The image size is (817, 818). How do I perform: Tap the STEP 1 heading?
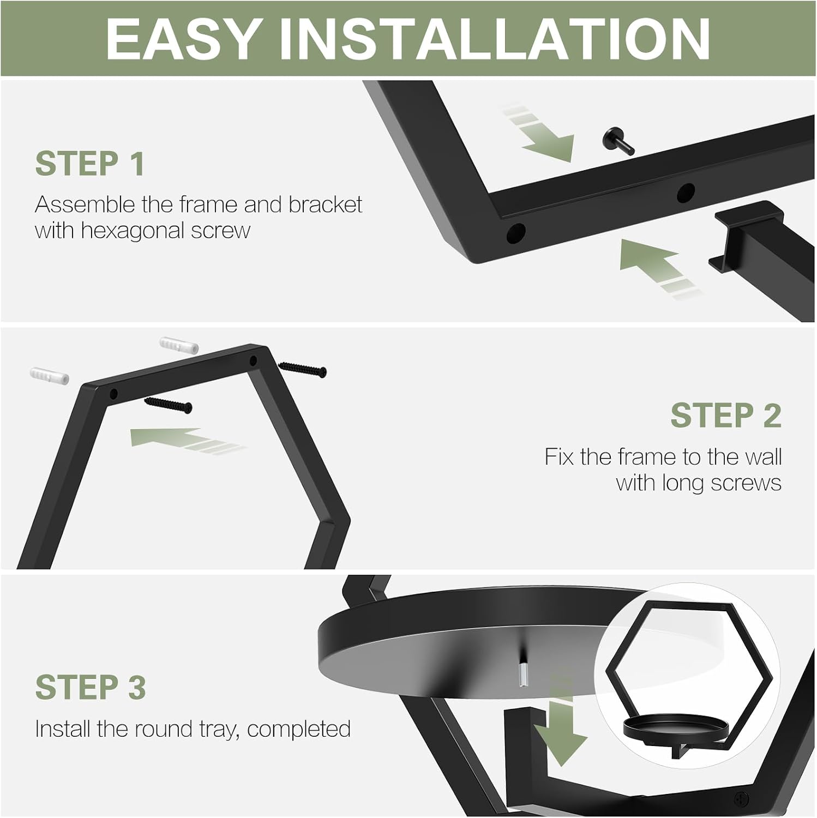pos(90,164)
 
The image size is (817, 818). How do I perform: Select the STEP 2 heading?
pos(726,416)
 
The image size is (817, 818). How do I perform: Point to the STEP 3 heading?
pos(91,687)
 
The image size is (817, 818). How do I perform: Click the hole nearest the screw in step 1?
pos(686,193)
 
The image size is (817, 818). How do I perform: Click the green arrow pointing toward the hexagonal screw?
pos(538,134)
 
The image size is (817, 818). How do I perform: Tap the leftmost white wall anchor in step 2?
pos(50,376)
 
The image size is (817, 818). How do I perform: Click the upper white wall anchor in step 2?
pos(179,345)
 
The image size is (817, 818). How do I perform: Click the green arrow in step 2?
pos(185,440)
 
